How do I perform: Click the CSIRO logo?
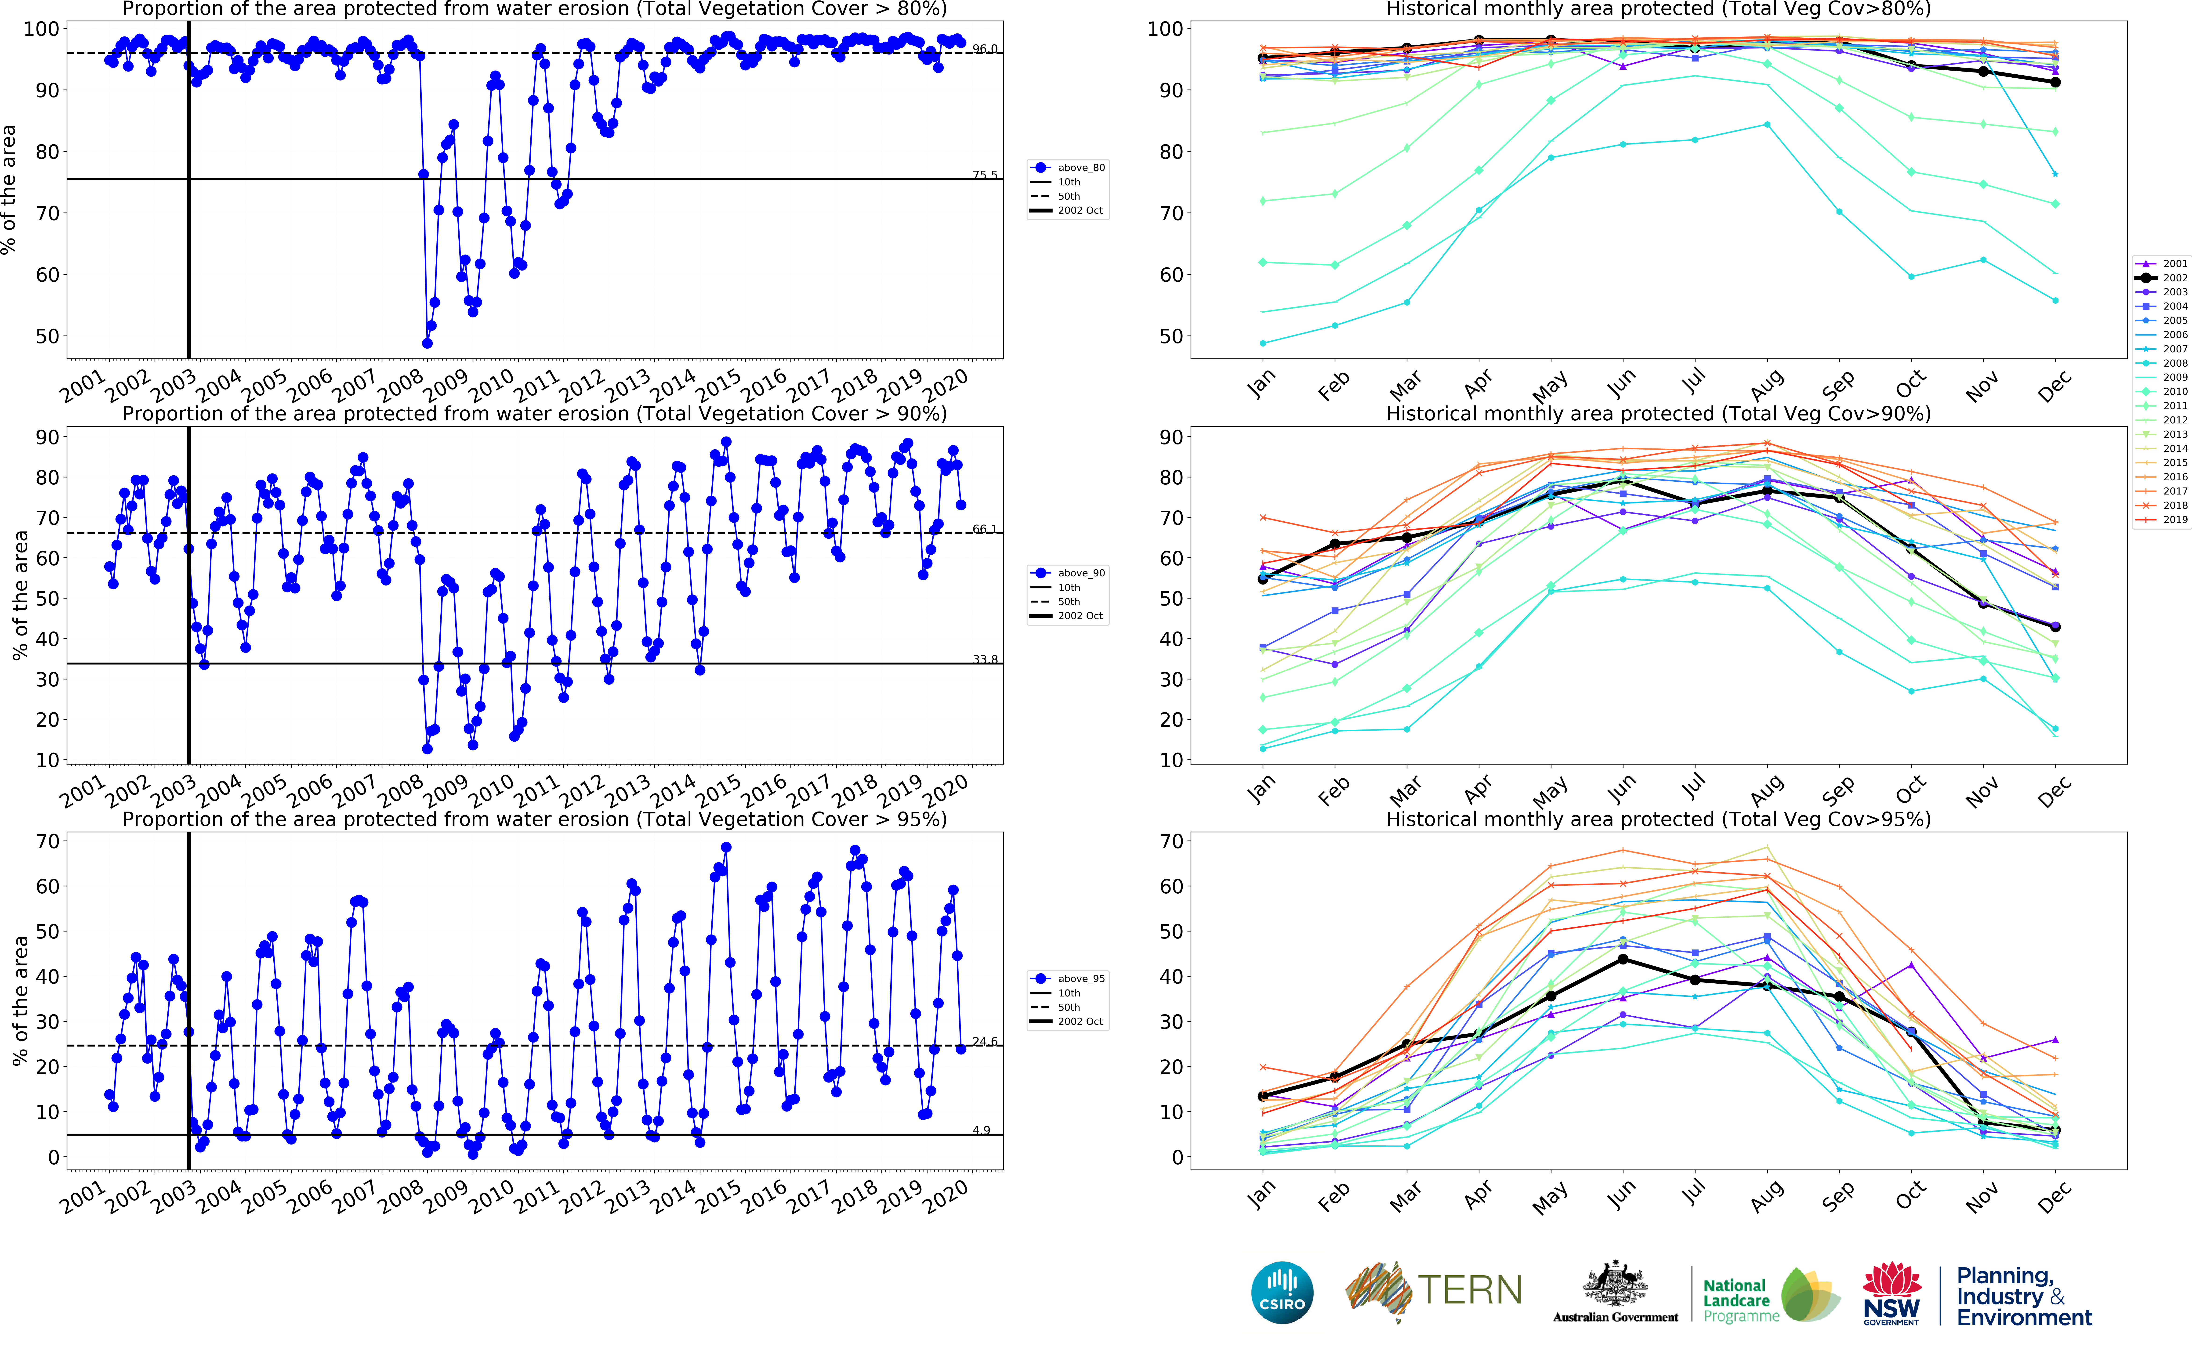coord(1282,1293)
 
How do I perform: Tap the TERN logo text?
coord(1470,1290)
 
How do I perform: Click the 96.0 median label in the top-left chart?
coord(985,49)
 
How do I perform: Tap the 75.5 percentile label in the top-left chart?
coord(985,175)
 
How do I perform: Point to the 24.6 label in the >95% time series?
coord(985,1042)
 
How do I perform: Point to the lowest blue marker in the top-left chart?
coord(427,343)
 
